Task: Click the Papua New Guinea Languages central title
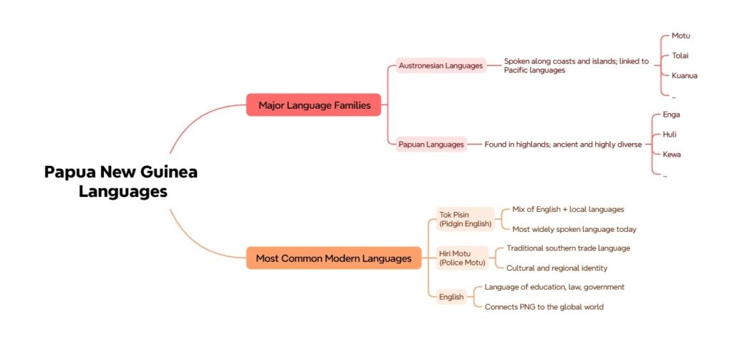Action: (x=121, y=181)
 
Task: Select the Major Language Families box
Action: (x=314, y=105)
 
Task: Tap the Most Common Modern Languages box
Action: (x=333, y=258)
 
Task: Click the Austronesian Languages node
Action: (x=441, y=65)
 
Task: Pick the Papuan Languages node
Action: (x=431, y=144)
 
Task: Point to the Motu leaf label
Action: (x=681, y=36)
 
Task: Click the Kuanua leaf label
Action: (x=684, y=75)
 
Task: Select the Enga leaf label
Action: (x=671, y=115)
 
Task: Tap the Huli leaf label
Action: (x=669, y=134)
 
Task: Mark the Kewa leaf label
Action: (x=671, y=154)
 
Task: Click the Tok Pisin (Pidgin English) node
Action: (x=465, y=219)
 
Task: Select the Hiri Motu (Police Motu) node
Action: (x=462, y=258)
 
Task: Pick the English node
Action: (x=451, y=297)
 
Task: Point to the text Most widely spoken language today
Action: (x=574, y=229)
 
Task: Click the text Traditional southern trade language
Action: (x=567, y=248)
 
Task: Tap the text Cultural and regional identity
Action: (x=556, y=268)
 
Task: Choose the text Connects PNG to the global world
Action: (x=543, y=307)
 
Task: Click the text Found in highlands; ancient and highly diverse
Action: (x=563, y=144)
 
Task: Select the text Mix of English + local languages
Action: (x=567, y=209)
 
